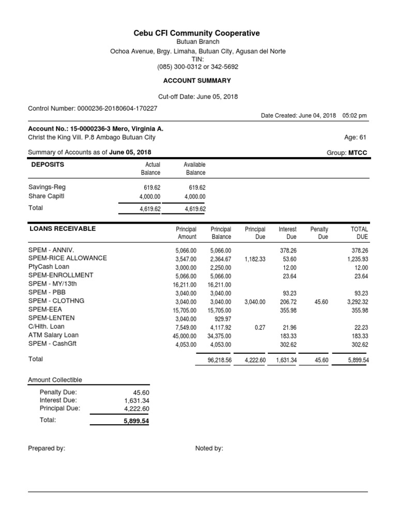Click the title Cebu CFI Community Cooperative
pyautogui.click(x=197, y=33)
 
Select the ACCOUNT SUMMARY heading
pyautogui.click(x=197, y=81)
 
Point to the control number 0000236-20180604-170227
pyautogui.click(x=117, y=108)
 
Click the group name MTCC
pyautogui.click(x=358, y=153)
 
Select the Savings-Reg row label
pyautogui.click(x=47, y=188)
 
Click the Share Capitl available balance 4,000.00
pyautogui.click(x=194, y=197)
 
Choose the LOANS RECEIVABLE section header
pyautogui.click(x=62, y=228)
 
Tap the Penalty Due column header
pyautogui.click(x=319, y=233)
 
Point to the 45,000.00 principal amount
pyautogui.click(x=186, y=336)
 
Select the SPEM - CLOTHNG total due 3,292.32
pyautogui.click(x=355, y=302)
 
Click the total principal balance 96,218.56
pyautogui.click(x=220, y=360)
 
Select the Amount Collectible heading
pyautogui.click(x=55, y=380)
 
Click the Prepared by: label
pyautogui.click(x=47, y=448)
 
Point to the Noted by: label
pyautogui.click(x=209, y=448)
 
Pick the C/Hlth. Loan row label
pyautogui.click(x=46, y=326)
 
